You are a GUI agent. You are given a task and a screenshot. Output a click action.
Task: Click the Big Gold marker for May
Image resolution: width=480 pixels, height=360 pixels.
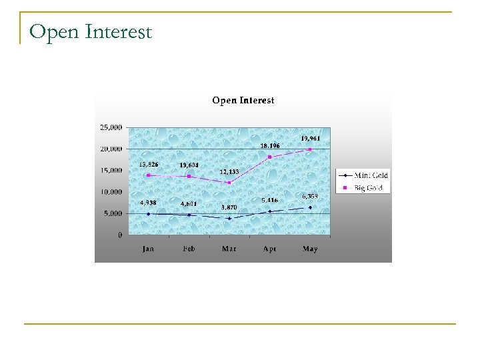pos(310,149)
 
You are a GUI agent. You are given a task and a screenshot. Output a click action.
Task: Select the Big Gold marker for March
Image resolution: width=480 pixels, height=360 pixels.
pos(229,183)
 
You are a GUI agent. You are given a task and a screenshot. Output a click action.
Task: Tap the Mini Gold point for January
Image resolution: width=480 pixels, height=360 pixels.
pos(148,214)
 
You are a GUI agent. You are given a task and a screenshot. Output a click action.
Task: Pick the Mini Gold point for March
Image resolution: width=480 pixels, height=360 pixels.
pos(229,218)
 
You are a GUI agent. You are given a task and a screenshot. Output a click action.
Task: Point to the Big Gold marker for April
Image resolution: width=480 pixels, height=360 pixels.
pos(270,157)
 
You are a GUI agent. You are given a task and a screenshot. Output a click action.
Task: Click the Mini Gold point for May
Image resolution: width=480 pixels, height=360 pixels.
pos(310,207)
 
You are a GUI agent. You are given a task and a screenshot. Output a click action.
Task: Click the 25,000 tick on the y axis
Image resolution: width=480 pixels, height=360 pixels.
pos(111,127)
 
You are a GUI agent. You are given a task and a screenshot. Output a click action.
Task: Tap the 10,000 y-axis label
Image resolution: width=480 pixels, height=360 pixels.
pos(111,192)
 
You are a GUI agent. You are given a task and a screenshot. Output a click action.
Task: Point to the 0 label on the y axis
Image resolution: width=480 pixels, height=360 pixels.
pos(119,235)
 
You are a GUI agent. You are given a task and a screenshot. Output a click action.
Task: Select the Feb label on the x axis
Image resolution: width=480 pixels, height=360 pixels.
pos(189,249)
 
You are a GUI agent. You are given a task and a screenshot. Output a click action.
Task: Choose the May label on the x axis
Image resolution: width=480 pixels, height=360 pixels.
pos(310,249)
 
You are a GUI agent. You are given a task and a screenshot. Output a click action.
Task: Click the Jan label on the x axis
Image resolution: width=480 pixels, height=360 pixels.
pos(148,249)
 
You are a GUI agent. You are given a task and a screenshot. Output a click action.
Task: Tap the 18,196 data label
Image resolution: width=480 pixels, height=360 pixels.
pos(270,145)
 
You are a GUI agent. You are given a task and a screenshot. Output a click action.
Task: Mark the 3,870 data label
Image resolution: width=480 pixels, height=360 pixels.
pos(229,207)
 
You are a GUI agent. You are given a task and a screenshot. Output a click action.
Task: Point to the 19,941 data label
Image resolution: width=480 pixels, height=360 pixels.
pos(310,138)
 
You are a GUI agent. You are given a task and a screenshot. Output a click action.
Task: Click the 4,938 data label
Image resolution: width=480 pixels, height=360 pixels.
pos(148,203)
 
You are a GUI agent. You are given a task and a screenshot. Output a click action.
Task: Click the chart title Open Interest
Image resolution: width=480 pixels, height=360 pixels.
pos(243,101)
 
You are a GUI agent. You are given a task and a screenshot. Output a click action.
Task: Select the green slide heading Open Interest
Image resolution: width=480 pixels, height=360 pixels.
pos(91,31)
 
